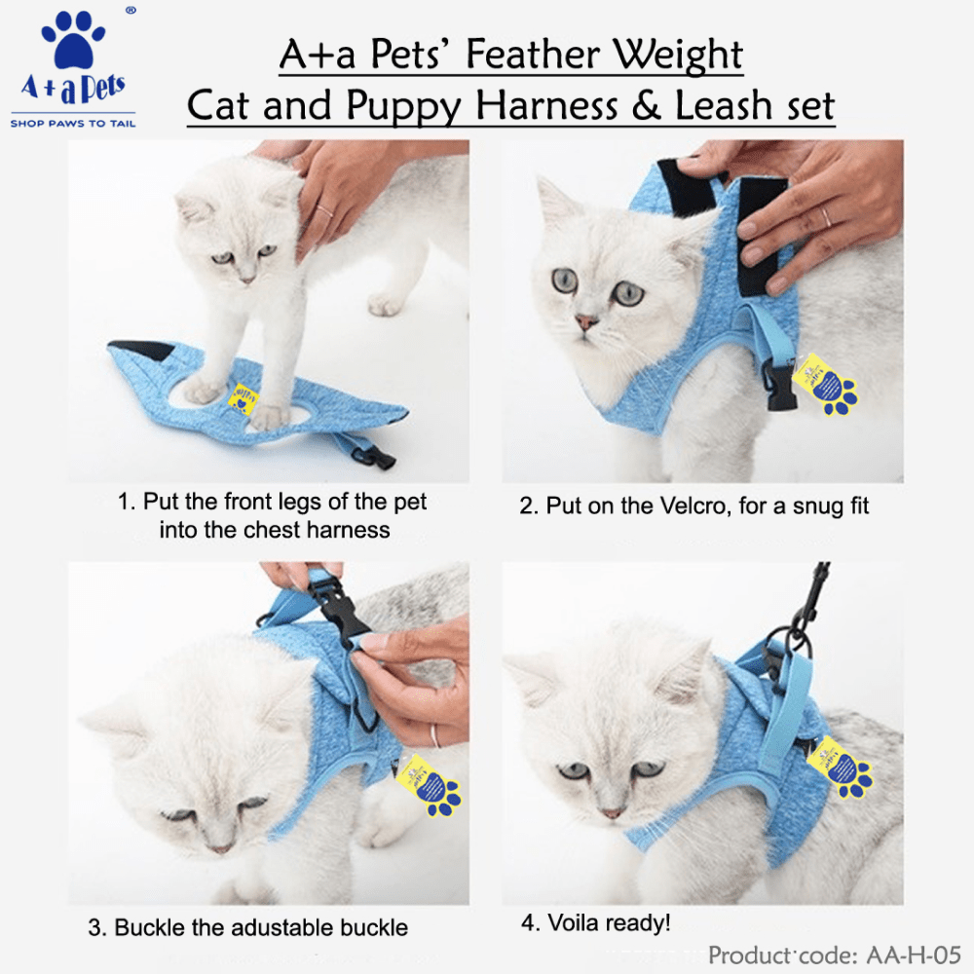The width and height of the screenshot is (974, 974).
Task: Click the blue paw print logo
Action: (x=73, y=39)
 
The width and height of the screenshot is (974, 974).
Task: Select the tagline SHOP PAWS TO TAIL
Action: (x=73, y=124)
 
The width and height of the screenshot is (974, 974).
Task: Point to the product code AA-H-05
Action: (x=914, y=955)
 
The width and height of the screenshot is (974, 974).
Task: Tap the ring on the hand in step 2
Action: (x=826, y=217)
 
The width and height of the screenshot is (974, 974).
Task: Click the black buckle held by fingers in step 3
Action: (x=334, y=606)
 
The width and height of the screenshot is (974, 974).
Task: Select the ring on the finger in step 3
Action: (x=434, y=735)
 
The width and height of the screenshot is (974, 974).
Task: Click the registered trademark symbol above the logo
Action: (x=131, y=10)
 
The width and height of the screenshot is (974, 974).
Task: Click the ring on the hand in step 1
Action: (x=325, y=210)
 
